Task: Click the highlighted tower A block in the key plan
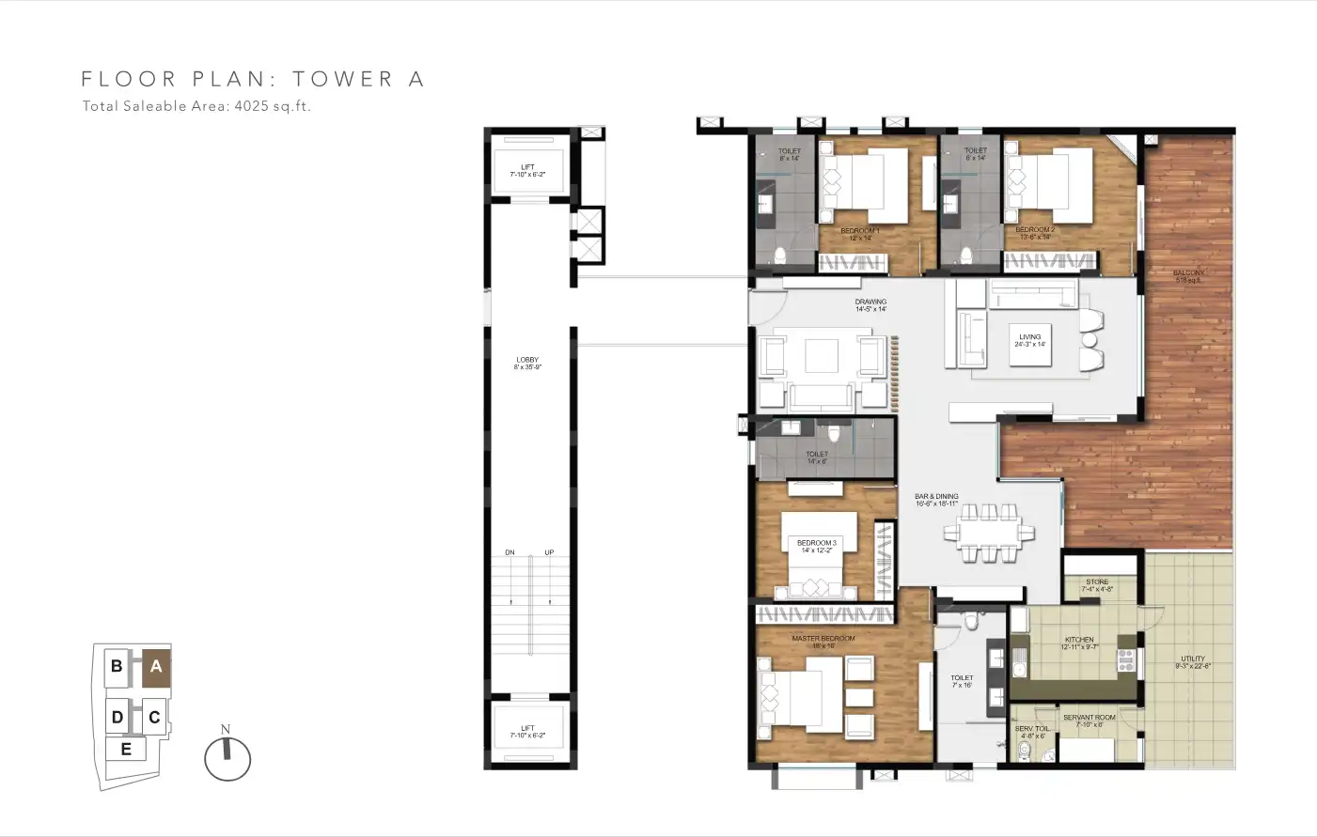156,667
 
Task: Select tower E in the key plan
126,749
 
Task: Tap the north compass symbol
227,757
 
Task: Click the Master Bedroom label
823,642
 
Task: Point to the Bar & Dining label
936,500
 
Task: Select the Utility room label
1192,662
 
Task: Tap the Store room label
1097,585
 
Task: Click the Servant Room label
1090,721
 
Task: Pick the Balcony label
1188,276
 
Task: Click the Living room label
1029,340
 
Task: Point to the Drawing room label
870,305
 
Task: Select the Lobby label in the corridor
527,363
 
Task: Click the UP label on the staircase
549,552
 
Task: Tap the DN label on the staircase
510,552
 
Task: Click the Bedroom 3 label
816,546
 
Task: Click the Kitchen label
1079,643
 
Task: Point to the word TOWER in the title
342,79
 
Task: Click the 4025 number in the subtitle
251,106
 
